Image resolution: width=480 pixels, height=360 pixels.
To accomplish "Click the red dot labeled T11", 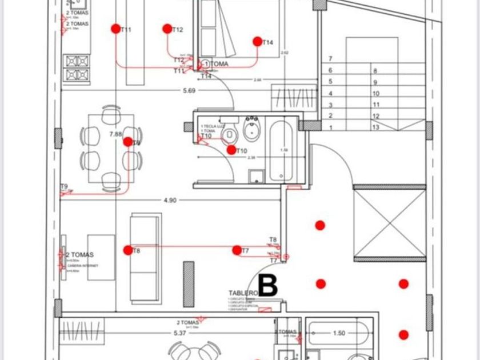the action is point(116,29).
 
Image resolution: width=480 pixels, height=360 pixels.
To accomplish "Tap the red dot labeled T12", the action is point(167,29).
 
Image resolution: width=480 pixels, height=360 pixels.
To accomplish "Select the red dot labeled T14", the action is point(258,41).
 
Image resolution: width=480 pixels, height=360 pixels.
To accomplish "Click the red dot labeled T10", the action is point(231,150).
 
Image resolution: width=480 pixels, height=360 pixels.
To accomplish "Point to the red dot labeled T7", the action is point(237,250).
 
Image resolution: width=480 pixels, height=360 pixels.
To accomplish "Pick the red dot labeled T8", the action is point(128,250).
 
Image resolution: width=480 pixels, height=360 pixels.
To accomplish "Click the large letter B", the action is point(268,286).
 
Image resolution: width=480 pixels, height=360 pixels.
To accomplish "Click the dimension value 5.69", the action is point(189,90).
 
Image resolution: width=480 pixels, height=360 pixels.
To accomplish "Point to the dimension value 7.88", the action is point(115,134).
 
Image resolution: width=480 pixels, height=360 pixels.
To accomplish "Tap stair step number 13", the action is point(375,127).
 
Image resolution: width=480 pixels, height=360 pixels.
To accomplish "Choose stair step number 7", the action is point(330,59).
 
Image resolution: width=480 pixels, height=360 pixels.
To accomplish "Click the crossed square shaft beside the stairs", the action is point(390,222).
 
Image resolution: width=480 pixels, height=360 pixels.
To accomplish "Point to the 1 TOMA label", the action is point(216,65).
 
